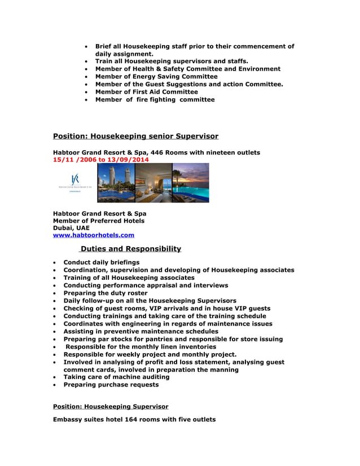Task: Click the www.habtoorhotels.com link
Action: [x=94, y=235]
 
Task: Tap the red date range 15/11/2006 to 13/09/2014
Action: [x=101, y=160]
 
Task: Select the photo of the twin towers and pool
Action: [x=116, y=183]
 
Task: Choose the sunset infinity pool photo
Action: [x=191, y=183]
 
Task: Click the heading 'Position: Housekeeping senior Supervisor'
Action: [x=135, y=136]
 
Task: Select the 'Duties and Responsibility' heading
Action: [x=130, y=249]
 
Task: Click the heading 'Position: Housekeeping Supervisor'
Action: [x=111, y=406]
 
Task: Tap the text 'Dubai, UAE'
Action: [x=71, y=228]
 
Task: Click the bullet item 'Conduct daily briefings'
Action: [x=102, y=262]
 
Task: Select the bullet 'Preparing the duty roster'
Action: [x=106, y=293]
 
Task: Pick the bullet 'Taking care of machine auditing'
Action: [x=116, y=377]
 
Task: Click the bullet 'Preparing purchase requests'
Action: [x=111, y=385]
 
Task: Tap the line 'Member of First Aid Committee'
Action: [x=147, y=91]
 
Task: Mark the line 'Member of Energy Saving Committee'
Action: [x=156, y=76]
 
